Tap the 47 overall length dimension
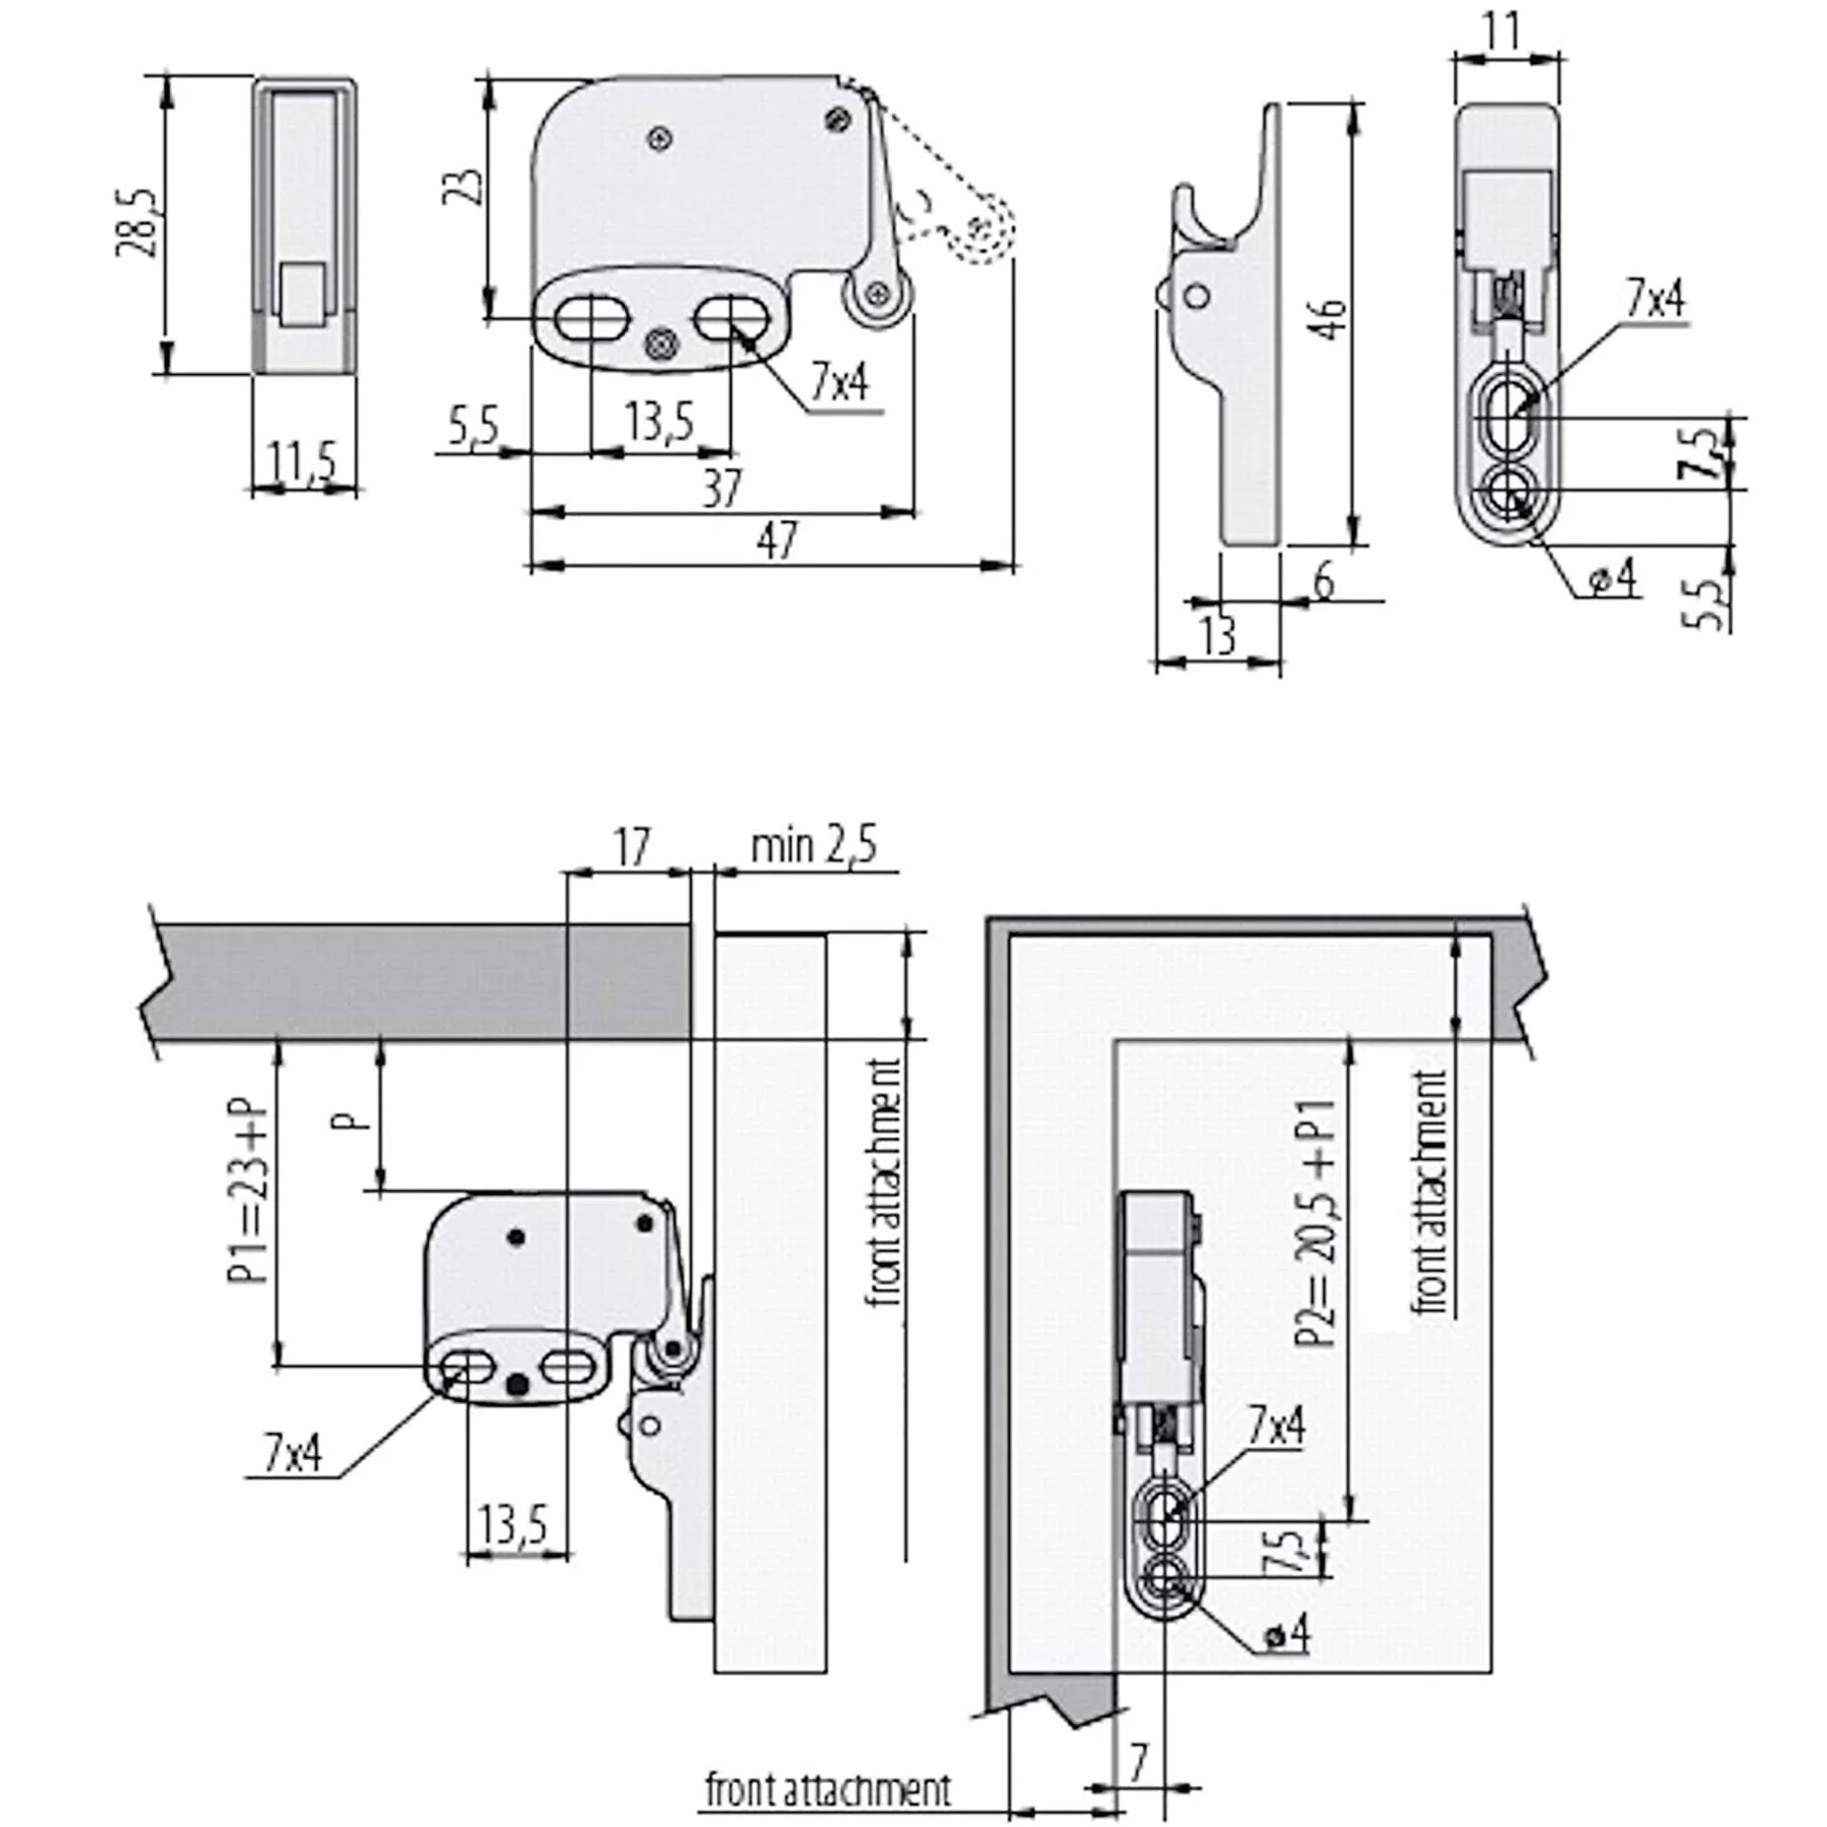777,540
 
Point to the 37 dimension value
722,488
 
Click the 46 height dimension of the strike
1331,319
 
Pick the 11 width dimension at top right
1501,31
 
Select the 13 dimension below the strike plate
1218,637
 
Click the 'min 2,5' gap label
813,846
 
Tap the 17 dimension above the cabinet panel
632,846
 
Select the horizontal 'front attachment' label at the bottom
828,1790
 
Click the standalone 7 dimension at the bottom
1138,1763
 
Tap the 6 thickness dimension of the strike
1324,581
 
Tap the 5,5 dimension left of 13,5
474,428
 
